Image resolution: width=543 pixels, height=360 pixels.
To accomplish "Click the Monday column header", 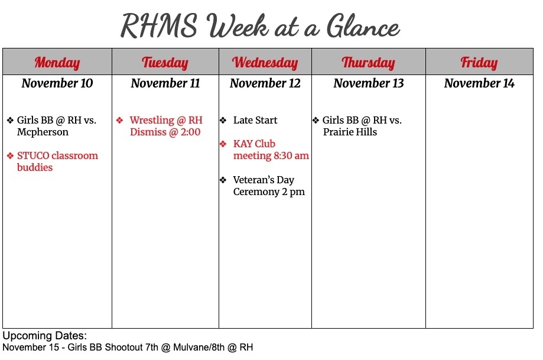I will pos(57,62).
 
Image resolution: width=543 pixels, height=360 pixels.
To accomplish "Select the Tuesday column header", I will pos(165,62).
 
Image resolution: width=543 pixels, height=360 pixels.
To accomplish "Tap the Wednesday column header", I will pos(265,62).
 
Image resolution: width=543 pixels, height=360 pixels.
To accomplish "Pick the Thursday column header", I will pos(368,62).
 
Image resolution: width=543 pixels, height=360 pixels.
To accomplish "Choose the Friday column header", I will pos(479,62).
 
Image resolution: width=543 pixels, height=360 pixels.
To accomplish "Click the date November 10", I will pos(57,83).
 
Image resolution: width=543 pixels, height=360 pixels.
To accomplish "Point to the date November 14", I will pos(479,83).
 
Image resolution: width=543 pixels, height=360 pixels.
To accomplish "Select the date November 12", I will pos(265,83).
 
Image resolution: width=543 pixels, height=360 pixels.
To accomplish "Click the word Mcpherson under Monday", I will pos(43,132).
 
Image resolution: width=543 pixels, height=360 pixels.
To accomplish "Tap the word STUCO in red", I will pos(33,155).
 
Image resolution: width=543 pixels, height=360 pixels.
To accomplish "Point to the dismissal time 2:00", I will pos(189,132).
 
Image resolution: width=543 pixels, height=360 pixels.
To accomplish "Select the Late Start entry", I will pos(255,120).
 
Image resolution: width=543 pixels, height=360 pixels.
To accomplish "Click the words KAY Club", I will pos(254,144).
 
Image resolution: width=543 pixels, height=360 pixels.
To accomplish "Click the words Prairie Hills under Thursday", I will pos(350,132).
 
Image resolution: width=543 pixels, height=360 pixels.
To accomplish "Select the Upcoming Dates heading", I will pos(45,336).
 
